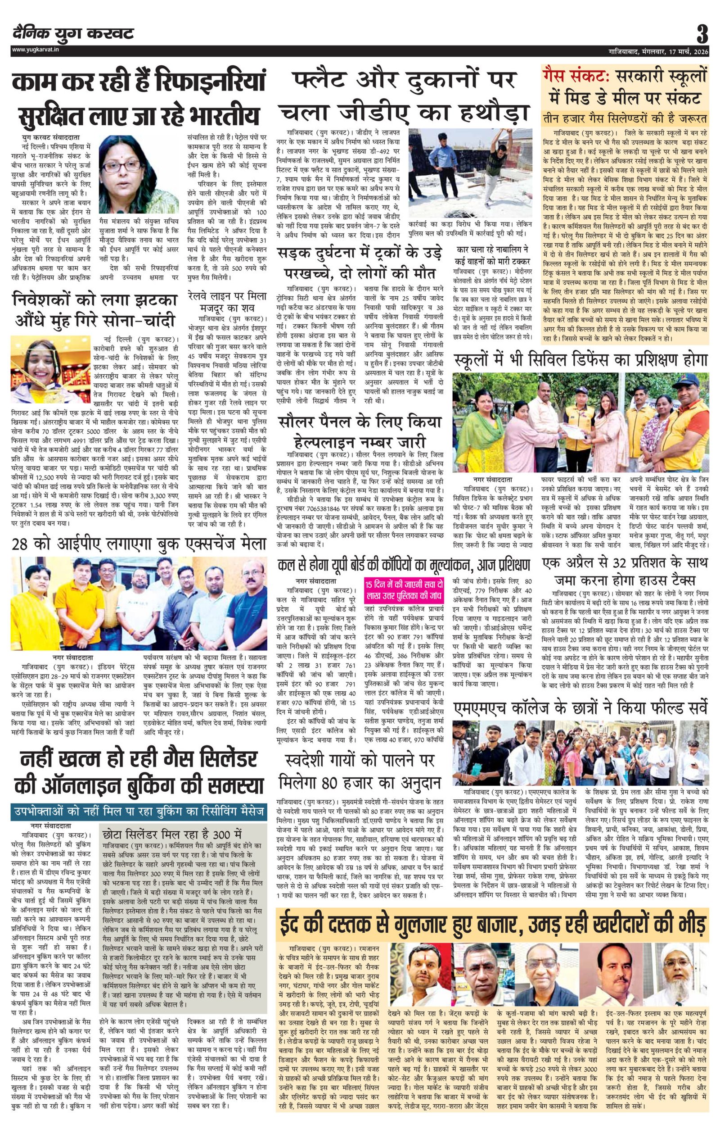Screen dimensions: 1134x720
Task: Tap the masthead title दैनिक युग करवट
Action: (x=73, y=33)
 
